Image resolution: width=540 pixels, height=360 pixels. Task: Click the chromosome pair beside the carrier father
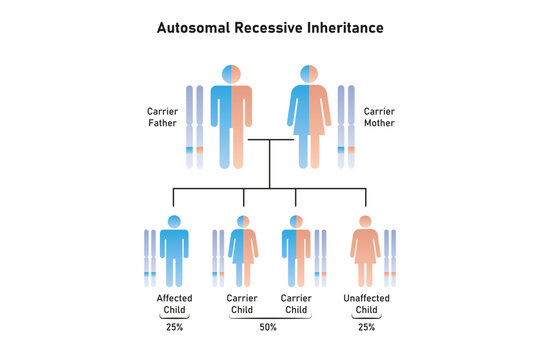point(193,126)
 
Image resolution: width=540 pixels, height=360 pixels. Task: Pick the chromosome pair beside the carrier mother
point(346,126)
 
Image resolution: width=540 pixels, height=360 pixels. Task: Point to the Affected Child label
point(175,304)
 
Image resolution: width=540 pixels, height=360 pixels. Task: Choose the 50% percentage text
point(269,328)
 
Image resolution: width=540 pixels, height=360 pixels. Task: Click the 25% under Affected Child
point(175,327)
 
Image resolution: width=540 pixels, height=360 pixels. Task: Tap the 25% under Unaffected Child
point(365,327)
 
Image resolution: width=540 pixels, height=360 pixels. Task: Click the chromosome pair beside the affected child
point(150,257)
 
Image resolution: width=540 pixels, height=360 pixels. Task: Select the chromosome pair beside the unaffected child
point(390,257)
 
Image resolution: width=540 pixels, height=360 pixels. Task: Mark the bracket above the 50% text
point(269,318)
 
